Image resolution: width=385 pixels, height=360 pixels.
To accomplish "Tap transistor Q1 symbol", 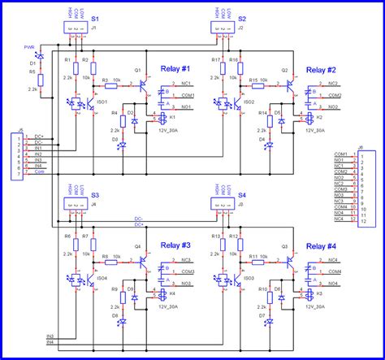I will tap(141, 83).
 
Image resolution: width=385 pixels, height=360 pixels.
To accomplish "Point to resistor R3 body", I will tap(106, 83).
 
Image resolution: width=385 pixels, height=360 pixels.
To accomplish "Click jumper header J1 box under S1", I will tap(73, 28).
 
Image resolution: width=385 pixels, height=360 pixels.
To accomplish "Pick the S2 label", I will tap(243, 18).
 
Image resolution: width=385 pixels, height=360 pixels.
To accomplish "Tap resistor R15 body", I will tap(254, 83).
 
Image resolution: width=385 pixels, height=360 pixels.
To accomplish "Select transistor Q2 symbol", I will tap(288, 83).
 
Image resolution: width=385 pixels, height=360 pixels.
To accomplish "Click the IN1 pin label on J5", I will tap(37, 148).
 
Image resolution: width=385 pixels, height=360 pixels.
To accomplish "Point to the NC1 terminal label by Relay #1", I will tap(186, 83).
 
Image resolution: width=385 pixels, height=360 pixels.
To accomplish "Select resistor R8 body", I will tap(106, 259).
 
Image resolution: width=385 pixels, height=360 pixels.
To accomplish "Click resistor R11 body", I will tap(254, 259).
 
